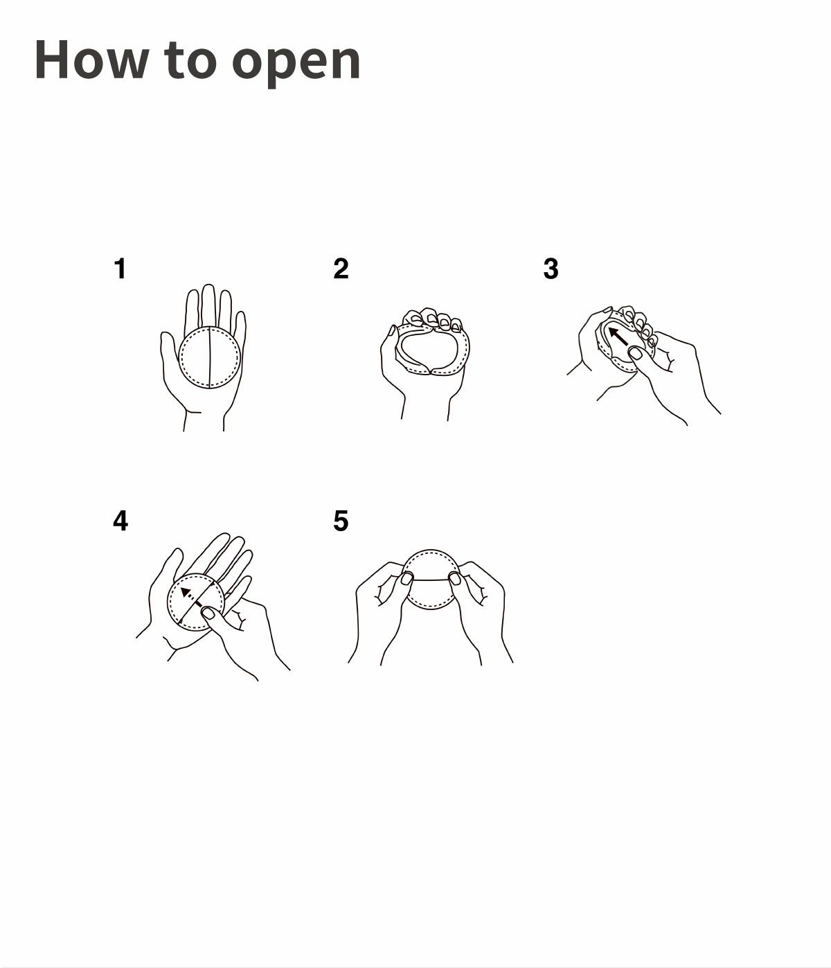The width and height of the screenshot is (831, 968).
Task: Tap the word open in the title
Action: click(x=296, y=64)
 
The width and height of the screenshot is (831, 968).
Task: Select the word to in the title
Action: click(x=190, y=62)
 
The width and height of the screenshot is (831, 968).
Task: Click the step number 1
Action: click(x=120, y=269)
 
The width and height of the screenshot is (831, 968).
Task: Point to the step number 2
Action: click(x=341, y=269)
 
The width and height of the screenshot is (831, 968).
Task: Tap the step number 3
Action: click(x=551, y=269)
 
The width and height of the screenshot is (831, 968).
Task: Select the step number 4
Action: click(x=120, y=521)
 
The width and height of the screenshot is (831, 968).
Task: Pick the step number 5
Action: click(x=341, y=521)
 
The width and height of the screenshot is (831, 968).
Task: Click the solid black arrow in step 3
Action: click(x=618, y=337)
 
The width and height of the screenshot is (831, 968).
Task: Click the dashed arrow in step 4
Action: click(x=192, y=598)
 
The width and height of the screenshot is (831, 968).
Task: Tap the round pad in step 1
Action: click(x=209, y=357)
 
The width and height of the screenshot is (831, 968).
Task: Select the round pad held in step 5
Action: click(x=431, y=580)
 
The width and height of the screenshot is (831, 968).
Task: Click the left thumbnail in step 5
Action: click(x=406, y=578)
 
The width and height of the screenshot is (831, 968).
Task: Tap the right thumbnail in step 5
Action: click(x=454, y=579)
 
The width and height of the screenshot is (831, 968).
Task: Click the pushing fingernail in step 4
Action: click(x=208, y=613)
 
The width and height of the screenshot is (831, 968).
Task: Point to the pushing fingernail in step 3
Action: click(x=635, y=352)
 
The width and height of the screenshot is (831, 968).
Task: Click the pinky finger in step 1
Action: click(x=240, y=328)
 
